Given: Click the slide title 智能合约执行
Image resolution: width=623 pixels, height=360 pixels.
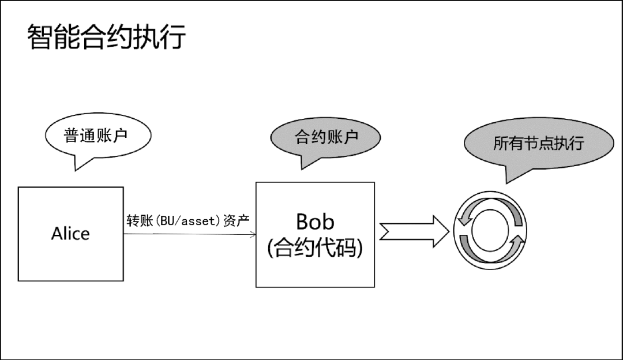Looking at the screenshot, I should pos(107,37).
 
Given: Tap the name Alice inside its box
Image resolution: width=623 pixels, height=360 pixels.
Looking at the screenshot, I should pos(70,234).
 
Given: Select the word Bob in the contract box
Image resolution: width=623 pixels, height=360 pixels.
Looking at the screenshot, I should pos(314,222).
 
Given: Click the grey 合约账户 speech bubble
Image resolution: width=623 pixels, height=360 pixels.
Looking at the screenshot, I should pos(326,137).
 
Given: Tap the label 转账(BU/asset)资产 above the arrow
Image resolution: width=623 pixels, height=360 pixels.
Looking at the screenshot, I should pos(187,221).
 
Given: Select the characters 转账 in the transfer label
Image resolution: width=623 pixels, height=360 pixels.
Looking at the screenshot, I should pos(138,221).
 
